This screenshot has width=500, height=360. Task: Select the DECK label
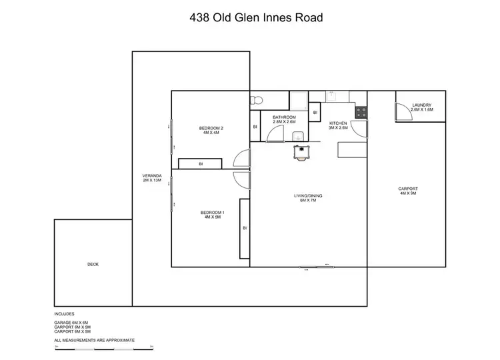[93, 265]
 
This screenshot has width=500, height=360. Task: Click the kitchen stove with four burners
[361, 112]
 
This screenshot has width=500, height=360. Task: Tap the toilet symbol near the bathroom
[257, 101]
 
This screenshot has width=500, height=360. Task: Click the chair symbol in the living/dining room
[303, 152]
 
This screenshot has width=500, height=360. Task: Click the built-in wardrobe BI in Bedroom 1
[245, 228]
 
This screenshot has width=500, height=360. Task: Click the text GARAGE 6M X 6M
[71, 322]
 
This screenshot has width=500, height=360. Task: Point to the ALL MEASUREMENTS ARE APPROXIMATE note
[95, 340]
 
